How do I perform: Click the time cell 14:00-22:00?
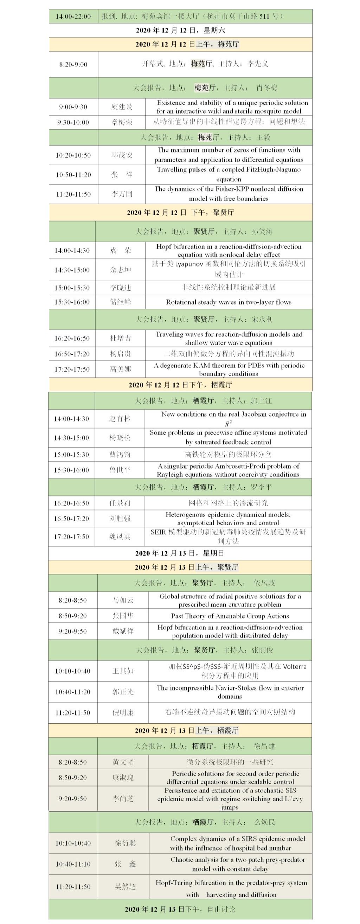[73, 17]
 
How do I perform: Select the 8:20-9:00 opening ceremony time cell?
[73, 65]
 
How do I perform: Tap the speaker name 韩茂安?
[122, 155]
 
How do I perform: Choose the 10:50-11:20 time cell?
[73, 175]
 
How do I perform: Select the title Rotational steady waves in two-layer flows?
[229, 302]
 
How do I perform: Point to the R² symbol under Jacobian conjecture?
[229, 423]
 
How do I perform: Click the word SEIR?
[158, 532]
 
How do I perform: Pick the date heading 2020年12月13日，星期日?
[180, 553]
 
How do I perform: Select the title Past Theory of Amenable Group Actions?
[230, 616]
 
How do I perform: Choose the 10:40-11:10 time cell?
[73, 864]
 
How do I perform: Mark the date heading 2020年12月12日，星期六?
[180, 31]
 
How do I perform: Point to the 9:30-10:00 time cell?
[73, 122]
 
